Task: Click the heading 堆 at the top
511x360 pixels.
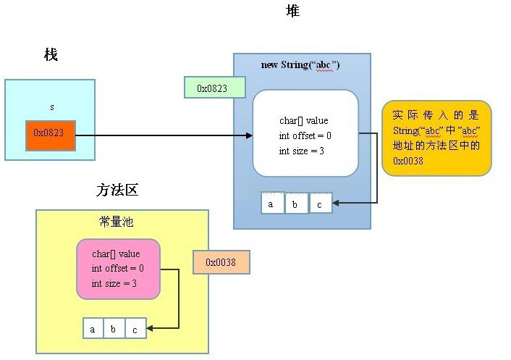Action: coord(292,11)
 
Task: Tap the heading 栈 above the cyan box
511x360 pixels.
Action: coord(51,55)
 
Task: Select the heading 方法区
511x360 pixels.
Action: coord(117,191)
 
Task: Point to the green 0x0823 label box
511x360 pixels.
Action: coord(215,88)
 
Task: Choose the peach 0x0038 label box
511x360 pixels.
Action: coord(221,262)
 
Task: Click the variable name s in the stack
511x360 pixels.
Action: coord(51,106)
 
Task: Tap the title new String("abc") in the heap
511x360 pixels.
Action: coord(300,65)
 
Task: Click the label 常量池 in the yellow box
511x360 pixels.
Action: coord(116,221)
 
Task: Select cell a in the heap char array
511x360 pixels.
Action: coord(272,204)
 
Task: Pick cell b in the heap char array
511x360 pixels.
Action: coord(295,204)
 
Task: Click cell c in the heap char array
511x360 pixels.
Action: coord(319,204)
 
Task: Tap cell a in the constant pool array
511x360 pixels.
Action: coord(93,329)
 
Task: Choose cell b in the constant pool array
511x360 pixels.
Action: coord(114,329)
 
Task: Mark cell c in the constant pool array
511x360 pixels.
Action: coord(135,329)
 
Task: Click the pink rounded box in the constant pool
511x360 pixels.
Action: coord(117,269)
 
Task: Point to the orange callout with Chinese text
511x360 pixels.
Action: coord(436,138)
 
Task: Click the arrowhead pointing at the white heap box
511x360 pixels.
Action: coord(248,135)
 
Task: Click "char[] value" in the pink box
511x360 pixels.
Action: coord(116,254)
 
